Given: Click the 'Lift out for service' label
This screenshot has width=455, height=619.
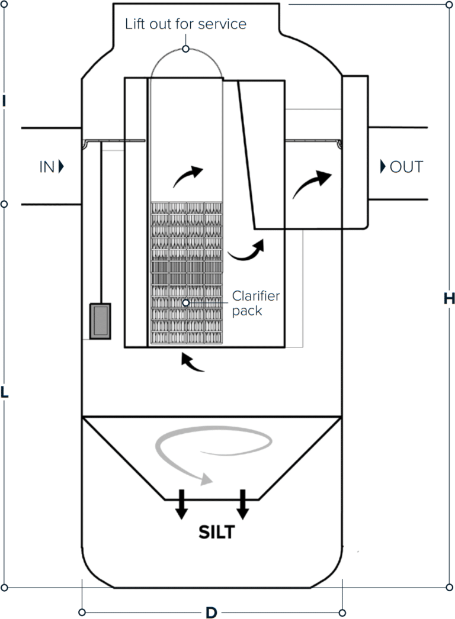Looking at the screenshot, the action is pyautogui.click(x=185, y=24).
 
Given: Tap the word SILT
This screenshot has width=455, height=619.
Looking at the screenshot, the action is pyautogui.click(x=217, y=532).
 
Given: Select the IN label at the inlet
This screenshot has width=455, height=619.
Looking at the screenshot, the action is pyautogui.click(x=47, y=167).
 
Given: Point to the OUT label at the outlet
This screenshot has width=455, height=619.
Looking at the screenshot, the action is pyautogui.click(x=406, y=167).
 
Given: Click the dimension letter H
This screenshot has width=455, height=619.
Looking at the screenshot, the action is pyautogui.click(x=449, y=299).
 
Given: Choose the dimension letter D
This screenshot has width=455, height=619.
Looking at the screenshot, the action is pyautogui.click(x=212, y=612).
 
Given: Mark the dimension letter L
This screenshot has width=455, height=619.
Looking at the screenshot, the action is pyautogui.click(x=4, y=392).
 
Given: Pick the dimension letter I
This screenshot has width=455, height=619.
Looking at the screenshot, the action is pyautogui.click(x=4, y=101).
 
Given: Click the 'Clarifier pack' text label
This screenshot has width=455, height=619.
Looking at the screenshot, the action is pyautogui.click(x=256, y=303).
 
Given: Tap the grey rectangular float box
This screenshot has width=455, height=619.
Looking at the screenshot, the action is pyautogui.click(x=100, y=321).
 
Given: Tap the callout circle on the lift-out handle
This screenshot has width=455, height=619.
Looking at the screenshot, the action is pyautogui.click(x=185, y=49).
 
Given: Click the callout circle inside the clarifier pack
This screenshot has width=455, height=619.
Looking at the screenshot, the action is pyautogui.click(x=185, y=303).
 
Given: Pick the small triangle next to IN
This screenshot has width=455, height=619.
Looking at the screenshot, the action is pyautogui.click(x=61, y=167).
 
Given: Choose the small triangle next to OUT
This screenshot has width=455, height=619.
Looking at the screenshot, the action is pyautogui.click(x=383, y=167).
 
